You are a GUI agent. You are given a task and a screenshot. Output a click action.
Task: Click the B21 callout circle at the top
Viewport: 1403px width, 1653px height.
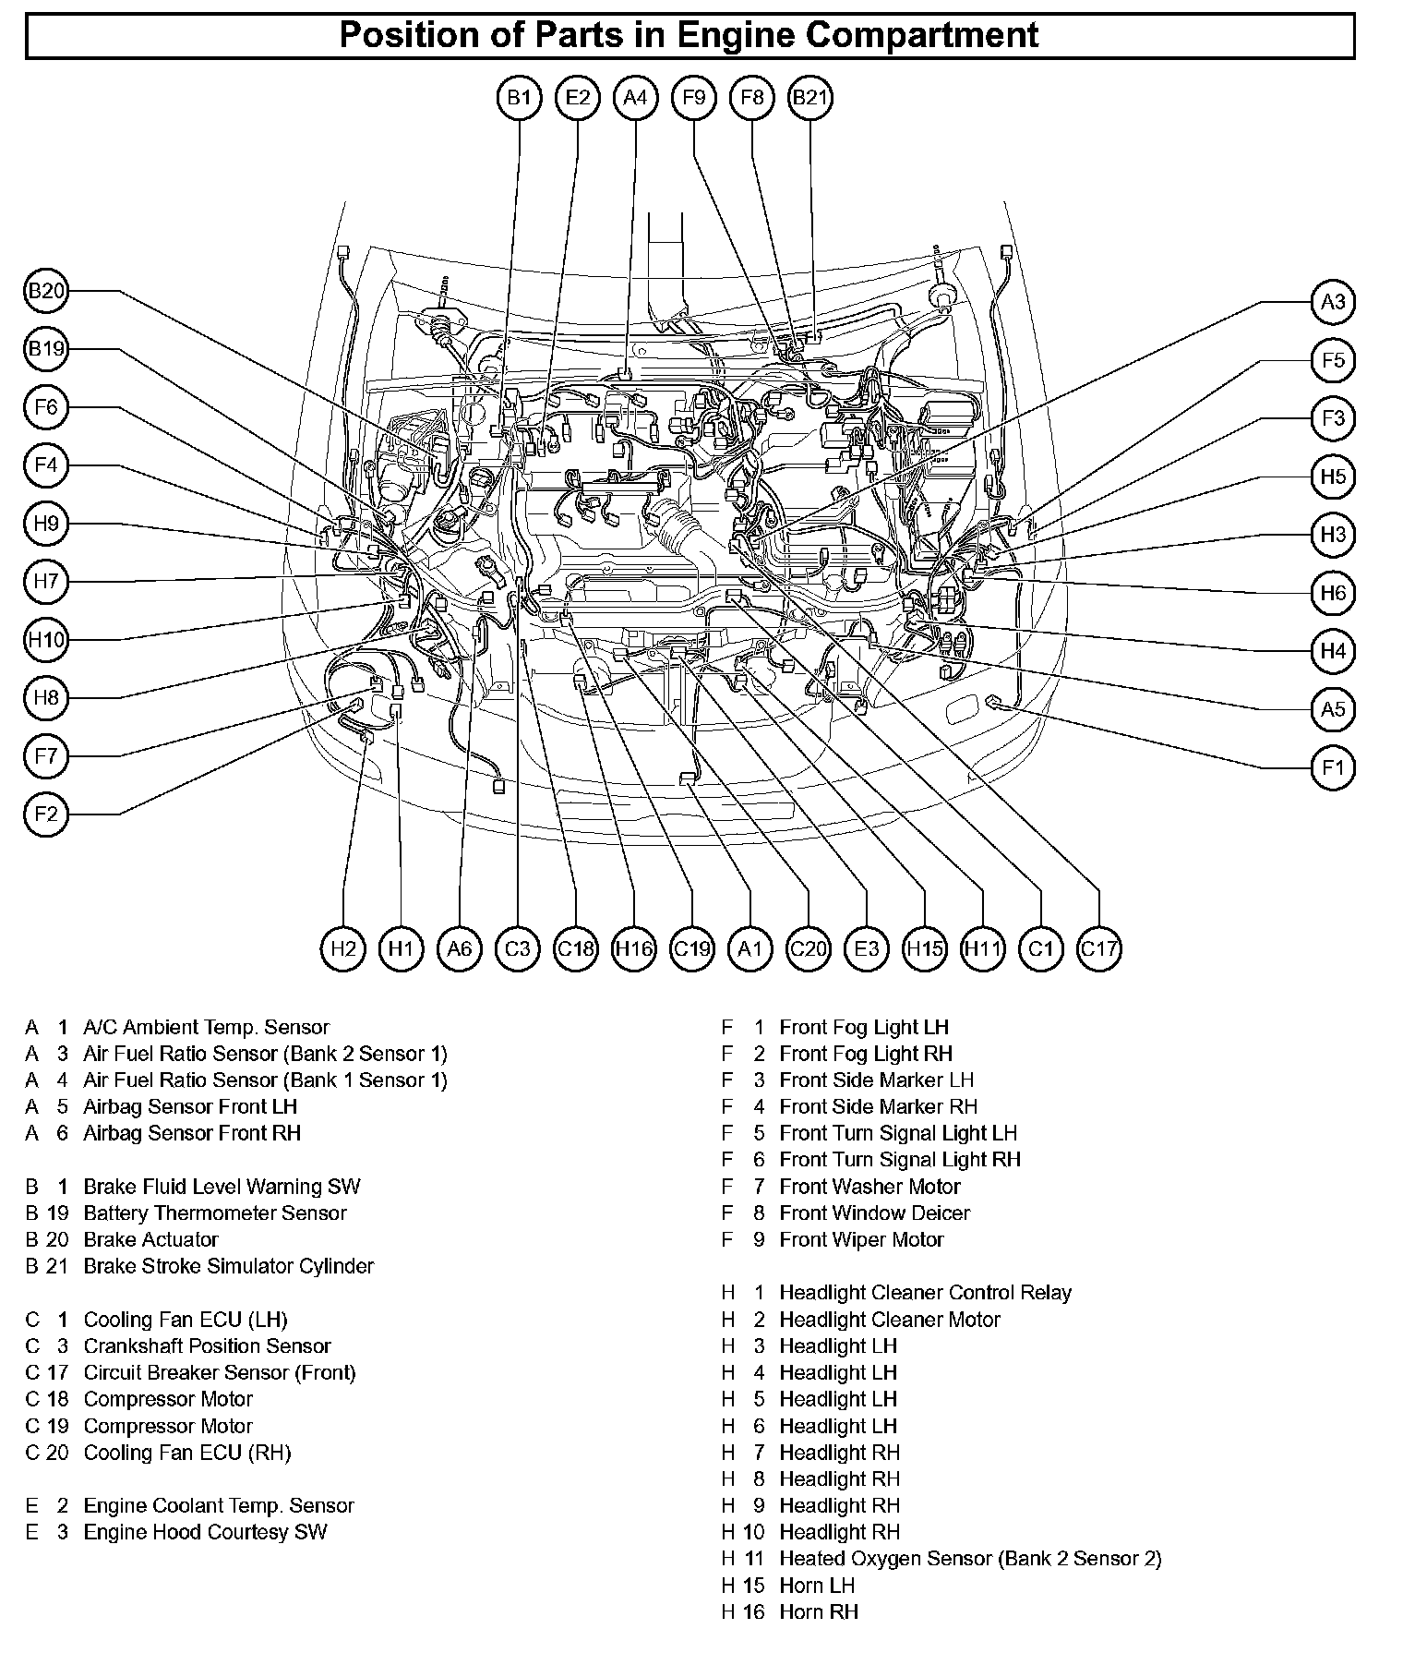810,97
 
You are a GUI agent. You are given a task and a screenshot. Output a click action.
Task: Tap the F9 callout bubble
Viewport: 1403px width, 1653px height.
694,97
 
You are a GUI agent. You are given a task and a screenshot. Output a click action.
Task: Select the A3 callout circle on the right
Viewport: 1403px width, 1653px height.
1333,302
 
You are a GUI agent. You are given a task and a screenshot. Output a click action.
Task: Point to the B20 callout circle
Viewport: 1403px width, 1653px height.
45,292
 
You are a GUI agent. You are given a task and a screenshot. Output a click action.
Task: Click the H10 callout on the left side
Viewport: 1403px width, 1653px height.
45,640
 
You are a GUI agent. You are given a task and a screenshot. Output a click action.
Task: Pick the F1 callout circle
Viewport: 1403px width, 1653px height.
1333,767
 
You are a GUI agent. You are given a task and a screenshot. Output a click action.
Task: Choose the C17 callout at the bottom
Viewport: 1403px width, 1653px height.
1098,948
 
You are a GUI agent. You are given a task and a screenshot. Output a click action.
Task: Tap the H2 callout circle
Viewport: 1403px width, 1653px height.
343,948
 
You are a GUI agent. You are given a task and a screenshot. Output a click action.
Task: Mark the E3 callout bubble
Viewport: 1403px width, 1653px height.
867,948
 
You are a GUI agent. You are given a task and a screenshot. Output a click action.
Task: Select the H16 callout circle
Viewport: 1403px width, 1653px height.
634,948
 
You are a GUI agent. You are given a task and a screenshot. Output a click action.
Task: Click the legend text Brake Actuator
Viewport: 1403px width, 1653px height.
150,1239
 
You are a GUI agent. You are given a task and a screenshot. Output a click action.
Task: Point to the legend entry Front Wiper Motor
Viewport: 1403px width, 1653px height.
861,1239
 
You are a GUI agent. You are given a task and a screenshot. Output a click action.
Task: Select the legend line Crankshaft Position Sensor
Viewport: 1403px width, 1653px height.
207,1345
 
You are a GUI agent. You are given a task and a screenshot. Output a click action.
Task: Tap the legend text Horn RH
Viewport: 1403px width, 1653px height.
818,1611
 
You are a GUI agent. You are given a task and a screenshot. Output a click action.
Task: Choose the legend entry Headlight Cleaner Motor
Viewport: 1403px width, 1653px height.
890,1320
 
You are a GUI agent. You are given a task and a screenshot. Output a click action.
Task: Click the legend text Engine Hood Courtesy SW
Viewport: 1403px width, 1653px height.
205,1532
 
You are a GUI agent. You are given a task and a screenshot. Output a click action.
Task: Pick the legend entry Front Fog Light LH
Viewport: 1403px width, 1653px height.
864,1027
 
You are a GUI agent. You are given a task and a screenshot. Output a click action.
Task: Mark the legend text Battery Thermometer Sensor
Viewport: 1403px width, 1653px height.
214,1213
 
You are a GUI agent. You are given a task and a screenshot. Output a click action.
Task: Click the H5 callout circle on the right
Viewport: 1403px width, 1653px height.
1333,477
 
